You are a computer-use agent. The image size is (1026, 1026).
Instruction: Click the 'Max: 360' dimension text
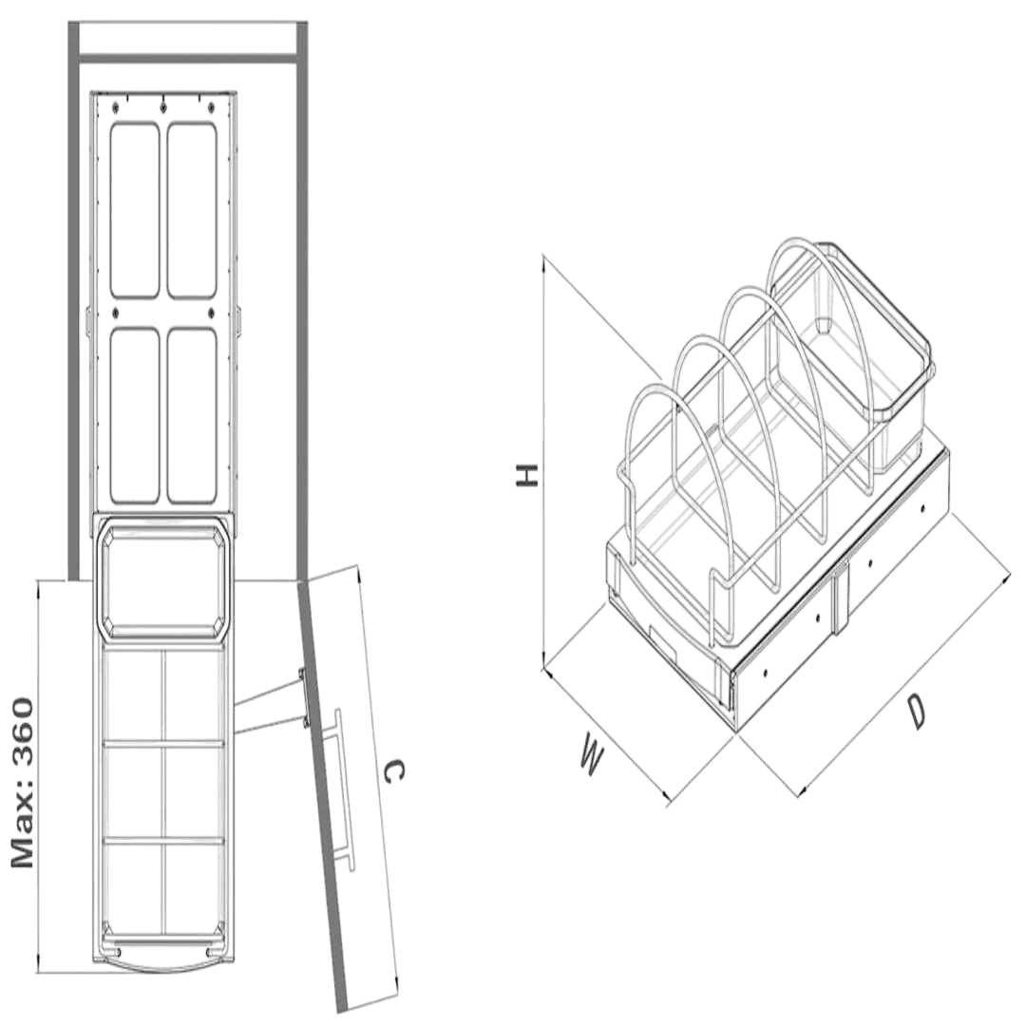pos(22,783)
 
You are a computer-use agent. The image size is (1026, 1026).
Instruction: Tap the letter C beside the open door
pos(392,771)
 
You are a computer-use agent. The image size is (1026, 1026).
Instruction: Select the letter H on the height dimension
pos(526,476)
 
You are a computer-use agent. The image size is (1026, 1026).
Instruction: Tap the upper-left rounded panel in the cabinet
pos(135,210)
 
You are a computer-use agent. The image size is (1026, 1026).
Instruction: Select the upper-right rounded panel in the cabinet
pos(192,210)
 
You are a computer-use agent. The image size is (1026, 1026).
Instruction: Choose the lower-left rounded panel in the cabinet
pos(135,415)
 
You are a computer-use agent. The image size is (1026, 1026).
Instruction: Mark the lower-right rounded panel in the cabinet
pos(192,415)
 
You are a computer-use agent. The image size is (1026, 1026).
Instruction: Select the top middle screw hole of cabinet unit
pos(162,105)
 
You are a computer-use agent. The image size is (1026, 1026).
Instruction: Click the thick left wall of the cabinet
pos(73,301)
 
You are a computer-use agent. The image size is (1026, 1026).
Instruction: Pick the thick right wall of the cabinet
pos(302,301)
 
